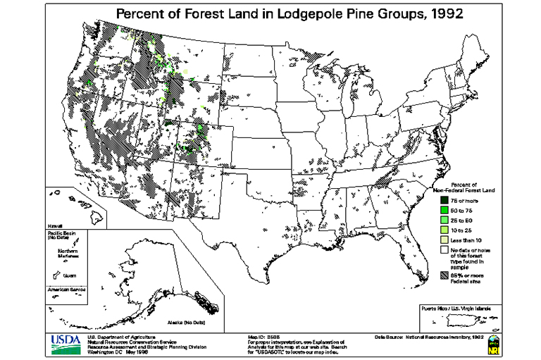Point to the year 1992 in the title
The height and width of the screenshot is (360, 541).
pyautogui.click(x=443, y=14)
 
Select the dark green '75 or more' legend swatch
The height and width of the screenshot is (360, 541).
pyautogui.click(x=435, y=201)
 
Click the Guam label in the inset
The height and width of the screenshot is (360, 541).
pyautogui.click(x=69, y=277)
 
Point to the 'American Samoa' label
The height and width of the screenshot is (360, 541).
pyautogui.click(x=64, y=290)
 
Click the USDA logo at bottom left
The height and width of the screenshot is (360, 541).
pyautogui.click(x=66, y=343)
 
